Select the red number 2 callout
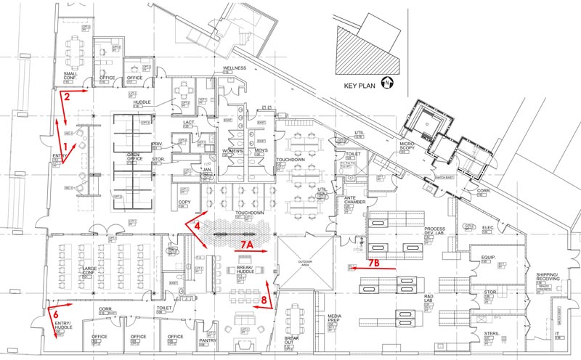click(66, 95)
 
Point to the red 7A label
click(247, 245)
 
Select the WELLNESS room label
click(235, 68)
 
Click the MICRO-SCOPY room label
click(407, 149)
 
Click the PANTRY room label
click(208, 340)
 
